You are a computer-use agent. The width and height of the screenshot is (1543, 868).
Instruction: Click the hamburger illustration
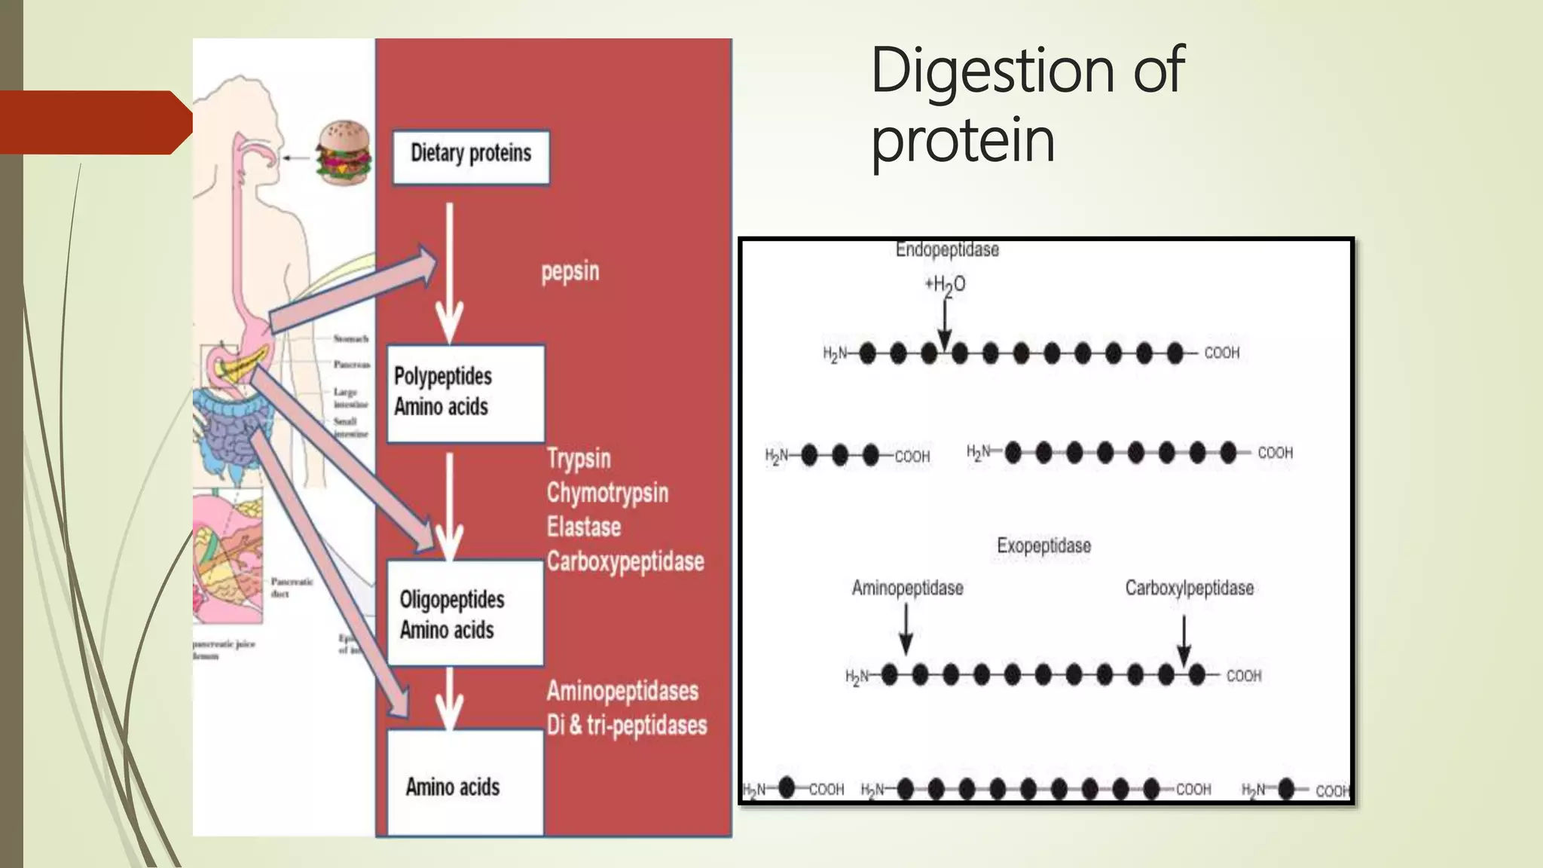pyautogui.click(x=344, y=153)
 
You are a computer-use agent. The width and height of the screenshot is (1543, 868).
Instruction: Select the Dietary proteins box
pyautogui.click(x=471, y=157)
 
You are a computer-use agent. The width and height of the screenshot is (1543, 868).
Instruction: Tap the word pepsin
pyautogui.click(x=570, y=271)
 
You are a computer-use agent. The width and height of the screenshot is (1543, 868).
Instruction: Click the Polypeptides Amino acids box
pyautogui.click(x=465, y=393)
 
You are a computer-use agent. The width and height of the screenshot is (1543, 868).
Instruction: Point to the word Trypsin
pyautogui.click(x=579, y=458)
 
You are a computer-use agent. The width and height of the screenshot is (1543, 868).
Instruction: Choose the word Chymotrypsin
pyautogui.click(x=607, y=493)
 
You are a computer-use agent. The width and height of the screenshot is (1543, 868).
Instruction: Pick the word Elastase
pyautogui.click(x=584, y=527)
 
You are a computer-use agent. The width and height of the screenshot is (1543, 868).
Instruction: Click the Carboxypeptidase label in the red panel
pyautogui.click(x=625, y=561)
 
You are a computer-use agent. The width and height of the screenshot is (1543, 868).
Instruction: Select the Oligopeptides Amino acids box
pyautogui.click(x=464, y=613)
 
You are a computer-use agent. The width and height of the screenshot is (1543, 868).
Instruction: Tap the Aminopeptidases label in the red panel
pyautogui.click(x=622, y=691)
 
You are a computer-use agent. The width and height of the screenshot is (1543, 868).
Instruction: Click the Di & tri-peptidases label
pyautogui.click(x=627, y=725)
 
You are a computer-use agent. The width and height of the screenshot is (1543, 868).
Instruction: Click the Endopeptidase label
pyautogui.click(x=947, y=249)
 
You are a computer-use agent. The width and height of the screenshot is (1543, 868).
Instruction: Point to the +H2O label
pyautogui.click(x=945, y=285)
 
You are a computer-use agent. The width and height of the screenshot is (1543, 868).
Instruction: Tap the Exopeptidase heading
pyautogui.click(x=1043, y=546)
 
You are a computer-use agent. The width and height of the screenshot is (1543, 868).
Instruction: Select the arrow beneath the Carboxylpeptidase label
pyautogui.click(x=1184, y=641)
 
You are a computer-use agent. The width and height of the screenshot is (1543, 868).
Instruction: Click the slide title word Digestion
pyautogui.click(x=990, y=70)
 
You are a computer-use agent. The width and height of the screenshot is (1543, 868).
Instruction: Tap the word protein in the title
pyautogui.click(x=963, y=140)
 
